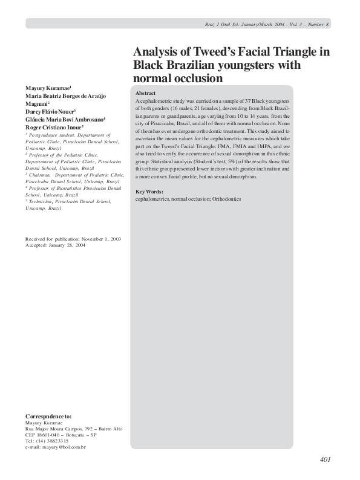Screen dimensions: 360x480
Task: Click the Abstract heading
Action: pos(145,93)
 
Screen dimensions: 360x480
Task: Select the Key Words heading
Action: pos(149,192)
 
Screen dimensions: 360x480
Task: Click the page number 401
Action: pos(325,460)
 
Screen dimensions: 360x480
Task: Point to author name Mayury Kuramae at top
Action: pos(48,88)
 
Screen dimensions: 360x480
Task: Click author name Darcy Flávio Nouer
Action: pos(50,111)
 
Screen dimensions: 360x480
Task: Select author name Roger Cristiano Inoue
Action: pos(53,127)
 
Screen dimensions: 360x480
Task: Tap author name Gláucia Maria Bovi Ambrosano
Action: pos(65,119)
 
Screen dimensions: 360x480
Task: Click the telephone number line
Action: pos(47,441)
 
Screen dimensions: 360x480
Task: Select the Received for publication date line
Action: pos(73,239)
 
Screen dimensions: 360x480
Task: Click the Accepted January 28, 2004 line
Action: pos(55,245)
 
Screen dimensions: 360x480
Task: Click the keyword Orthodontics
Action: pos(226,198)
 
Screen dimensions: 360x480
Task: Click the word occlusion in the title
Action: pos(194,79)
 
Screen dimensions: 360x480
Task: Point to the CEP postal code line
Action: pos(61,435)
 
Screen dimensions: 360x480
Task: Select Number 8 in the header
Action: pos(318,24)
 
